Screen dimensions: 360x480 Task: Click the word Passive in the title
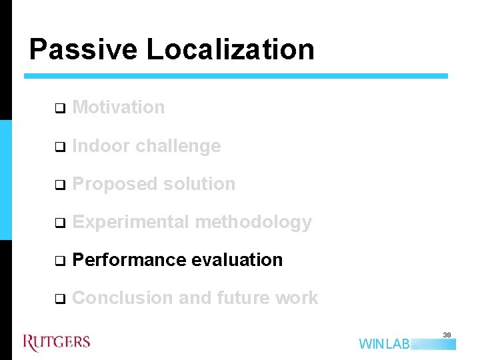pyautogui.click(x=83, y=50)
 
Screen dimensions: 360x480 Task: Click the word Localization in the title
pyautogui.click(x=230, y=50)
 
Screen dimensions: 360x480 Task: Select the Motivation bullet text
pyautogui.click(x=118, y=107)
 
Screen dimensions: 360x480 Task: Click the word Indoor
pyautogui.click(x=101, y=146)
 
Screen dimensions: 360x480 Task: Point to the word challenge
pyautogui.click(x=178, y=147)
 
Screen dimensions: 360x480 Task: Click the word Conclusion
pyautogui.click(x=123, y=298)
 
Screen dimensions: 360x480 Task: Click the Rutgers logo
pyautogui.click(x=57, y=343)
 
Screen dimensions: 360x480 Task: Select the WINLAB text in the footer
pyautogui.click(x=385, y=344)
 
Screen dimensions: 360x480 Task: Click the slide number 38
pyautogui.click(x=447, y=335)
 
